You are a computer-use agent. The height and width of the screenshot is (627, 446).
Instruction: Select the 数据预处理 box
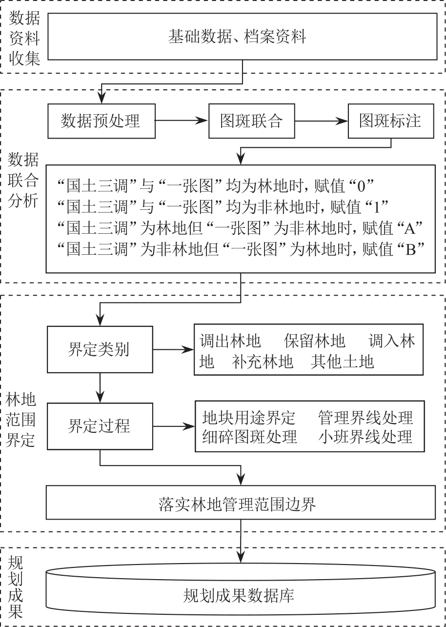pos(101,121)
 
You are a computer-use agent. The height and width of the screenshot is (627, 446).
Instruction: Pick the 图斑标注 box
pos(390,121)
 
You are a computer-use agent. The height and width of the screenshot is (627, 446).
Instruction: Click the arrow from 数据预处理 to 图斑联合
pos(181,121)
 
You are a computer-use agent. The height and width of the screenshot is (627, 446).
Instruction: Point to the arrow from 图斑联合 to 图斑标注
pos(321,121)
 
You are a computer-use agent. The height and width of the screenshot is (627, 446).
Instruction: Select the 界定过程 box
pos(101,425)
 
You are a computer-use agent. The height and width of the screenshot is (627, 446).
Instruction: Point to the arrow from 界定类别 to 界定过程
pos(101,387)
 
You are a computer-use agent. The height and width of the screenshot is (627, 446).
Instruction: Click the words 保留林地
pos(322,341)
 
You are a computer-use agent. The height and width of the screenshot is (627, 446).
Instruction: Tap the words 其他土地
pos(342,362)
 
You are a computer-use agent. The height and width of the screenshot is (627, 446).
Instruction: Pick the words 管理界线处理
pos(365,418)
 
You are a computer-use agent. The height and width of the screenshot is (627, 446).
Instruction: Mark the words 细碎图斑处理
pos(249,437)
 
